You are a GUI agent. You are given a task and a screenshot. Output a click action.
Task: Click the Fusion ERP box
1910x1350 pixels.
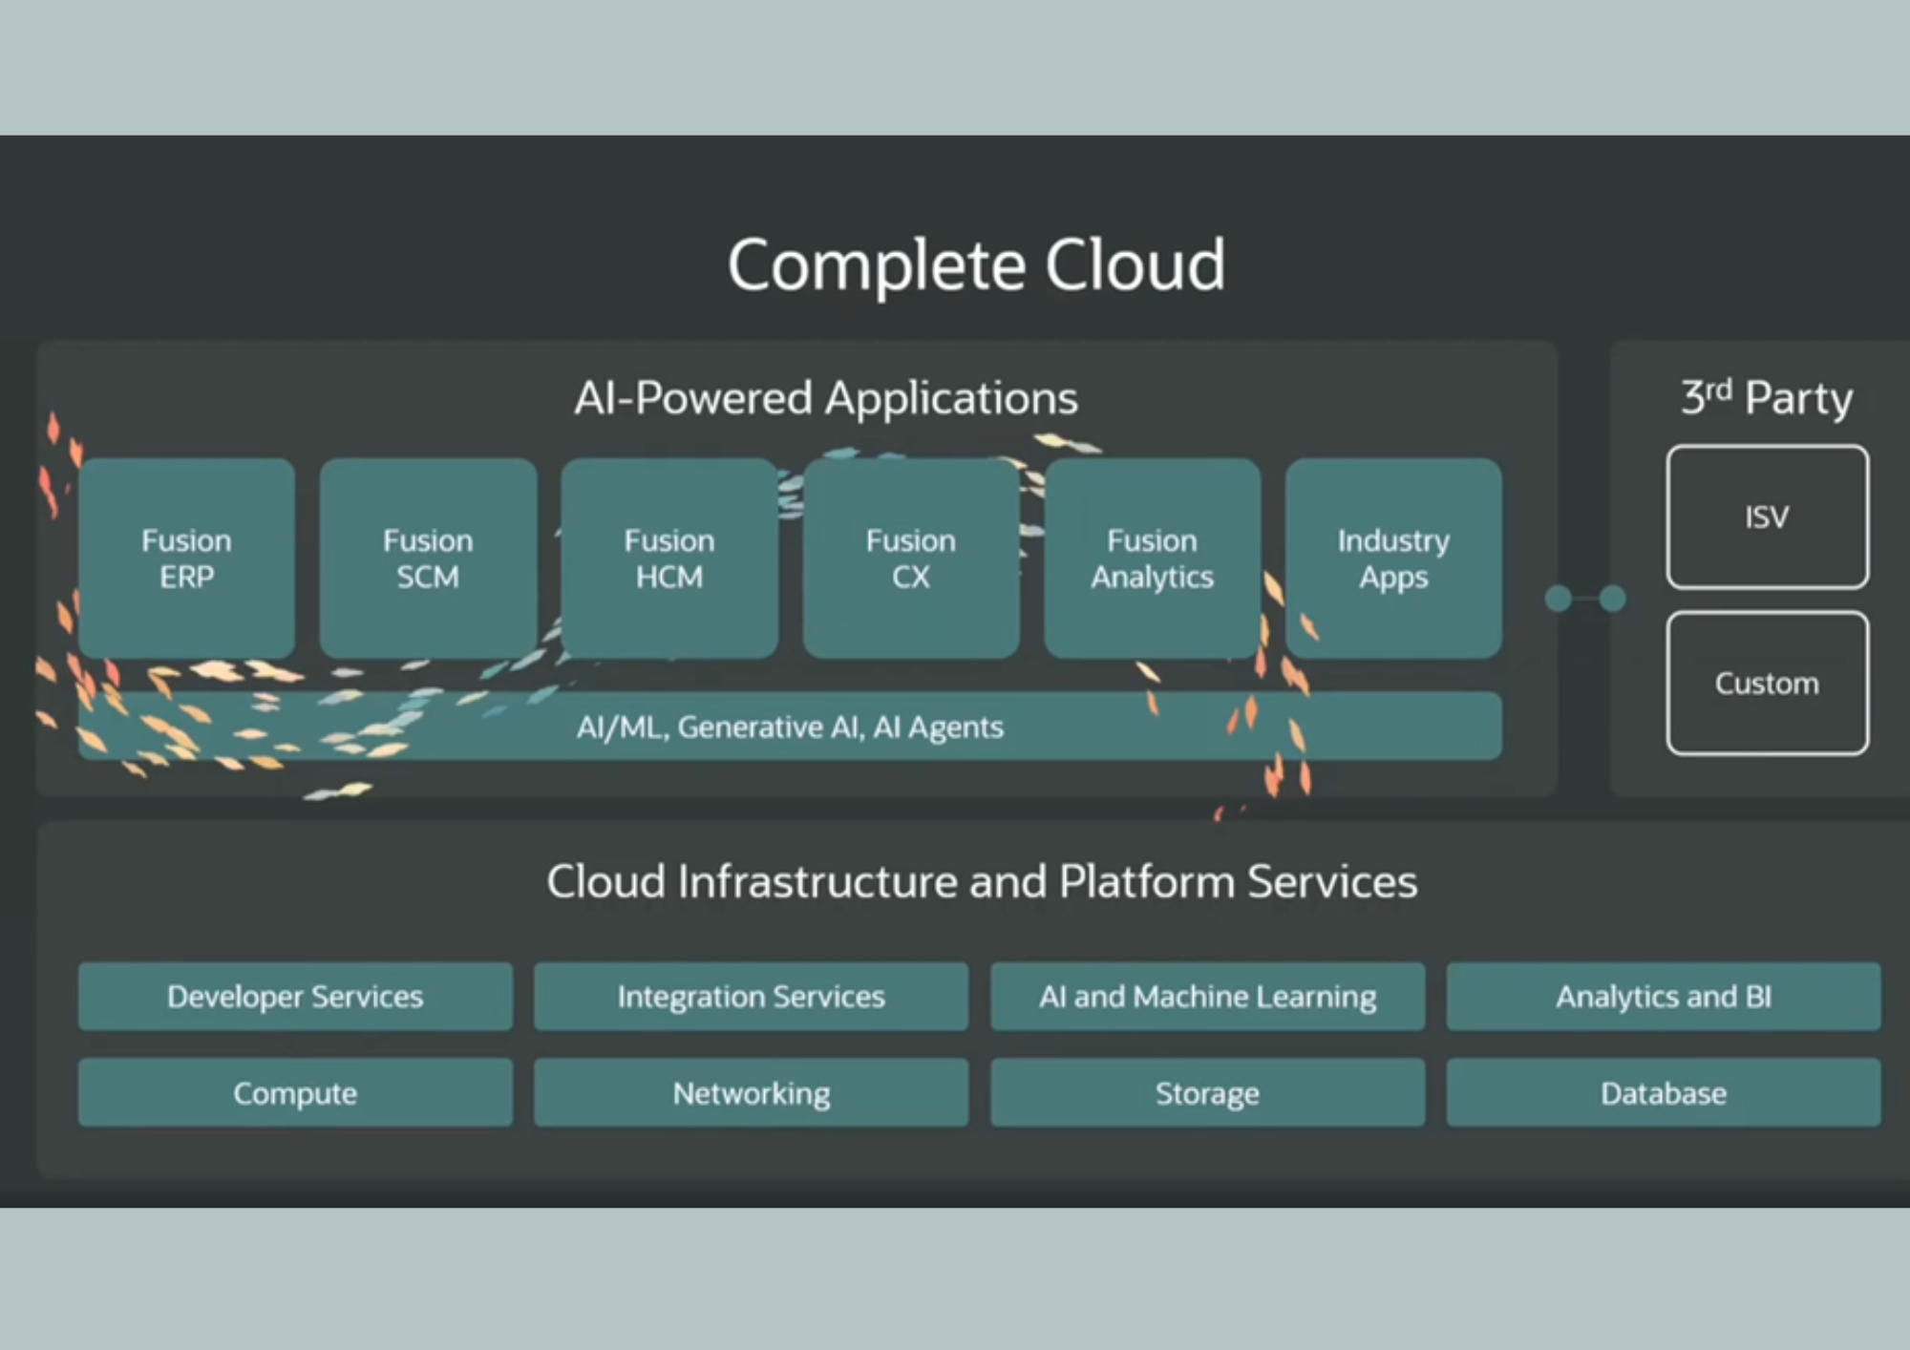pyautogui.click(x=186, y=559)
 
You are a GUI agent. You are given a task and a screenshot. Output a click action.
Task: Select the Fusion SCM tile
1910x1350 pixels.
pyautogui.click(x=428, y=559)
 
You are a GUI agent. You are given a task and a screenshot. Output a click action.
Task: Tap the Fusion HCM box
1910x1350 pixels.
pyautogui.click(x=669, y=559)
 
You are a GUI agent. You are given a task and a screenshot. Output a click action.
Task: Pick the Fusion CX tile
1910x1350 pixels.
pyautogui.click(x=911, y=559)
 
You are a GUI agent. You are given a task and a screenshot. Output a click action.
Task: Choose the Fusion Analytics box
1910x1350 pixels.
pyautogui.click(x=1153, y=559)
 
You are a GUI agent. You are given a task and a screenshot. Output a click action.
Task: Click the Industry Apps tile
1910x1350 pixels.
pyautogui.click(x=1393, y=559)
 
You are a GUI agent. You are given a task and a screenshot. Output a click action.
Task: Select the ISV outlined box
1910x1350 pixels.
pyautogui.click(x=1768, y=517)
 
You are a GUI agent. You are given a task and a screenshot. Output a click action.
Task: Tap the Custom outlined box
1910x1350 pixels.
pyautogui.click(x=1768, y=684)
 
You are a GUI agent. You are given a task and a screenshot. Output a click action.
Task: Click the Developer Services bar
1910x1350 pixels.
pyautogui.click(x=295, y=997)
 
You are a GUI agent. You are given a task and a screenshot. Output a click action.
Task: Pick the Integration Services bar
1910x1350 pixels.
pyautogui.click(x=751, y=997)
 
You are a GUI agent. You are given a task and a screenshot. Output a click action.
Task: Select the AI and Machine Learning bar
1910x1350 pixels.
pyautogui.click(x=1207, y=997)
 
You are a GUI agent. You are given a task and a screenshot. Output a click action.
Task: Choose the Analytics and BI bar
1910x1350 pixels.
pyautogui.click(x=1664, y=997)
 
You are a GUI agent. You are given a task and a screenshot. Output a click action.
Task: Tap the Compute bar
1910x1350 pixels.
pyautogui.click(x=295, y=1093)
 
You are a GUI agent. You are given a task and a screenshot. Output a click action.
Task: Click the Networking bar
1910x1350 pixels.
pyautogui.click(x=751, y=1093)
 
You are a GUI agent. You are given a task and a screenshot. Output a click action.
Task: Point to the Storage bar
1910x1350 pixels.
pyautogui.click(x=1207, y=1093)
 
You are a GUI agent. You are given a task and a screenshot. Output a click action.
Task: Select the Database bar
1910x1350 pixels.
pyautogui.click(x=1664, y=1093)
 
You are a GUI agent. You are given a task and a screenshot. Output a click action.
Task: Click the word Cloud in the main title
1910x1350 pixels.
pyautogui.click(x=1135, y=264)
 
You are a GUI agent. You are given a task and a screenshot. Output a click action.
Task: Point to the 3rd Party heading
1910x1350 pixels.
pyautogui.click(x=1767, y=397)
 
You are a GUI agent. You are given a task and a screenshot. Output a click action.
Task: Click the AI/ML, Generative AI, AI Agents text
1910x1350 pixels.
pyautogui.click(x=790, y=728)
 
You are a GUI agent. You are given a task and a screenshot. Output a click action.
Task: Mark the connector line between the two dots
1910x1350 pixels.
pyautogui.click(x=1585, y=599)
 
